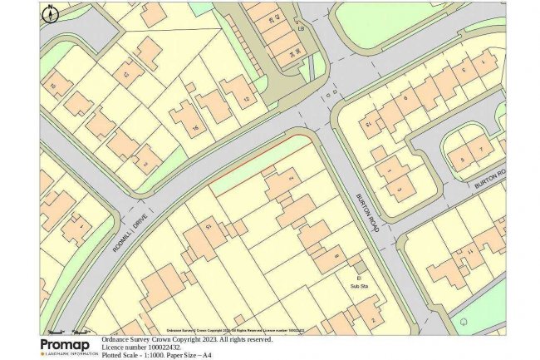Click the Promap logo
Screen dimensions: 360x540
(65, 345)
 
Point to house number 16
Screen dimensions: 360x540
(196, 127)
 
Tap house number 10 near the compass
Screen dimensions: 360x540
(55, 86)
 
